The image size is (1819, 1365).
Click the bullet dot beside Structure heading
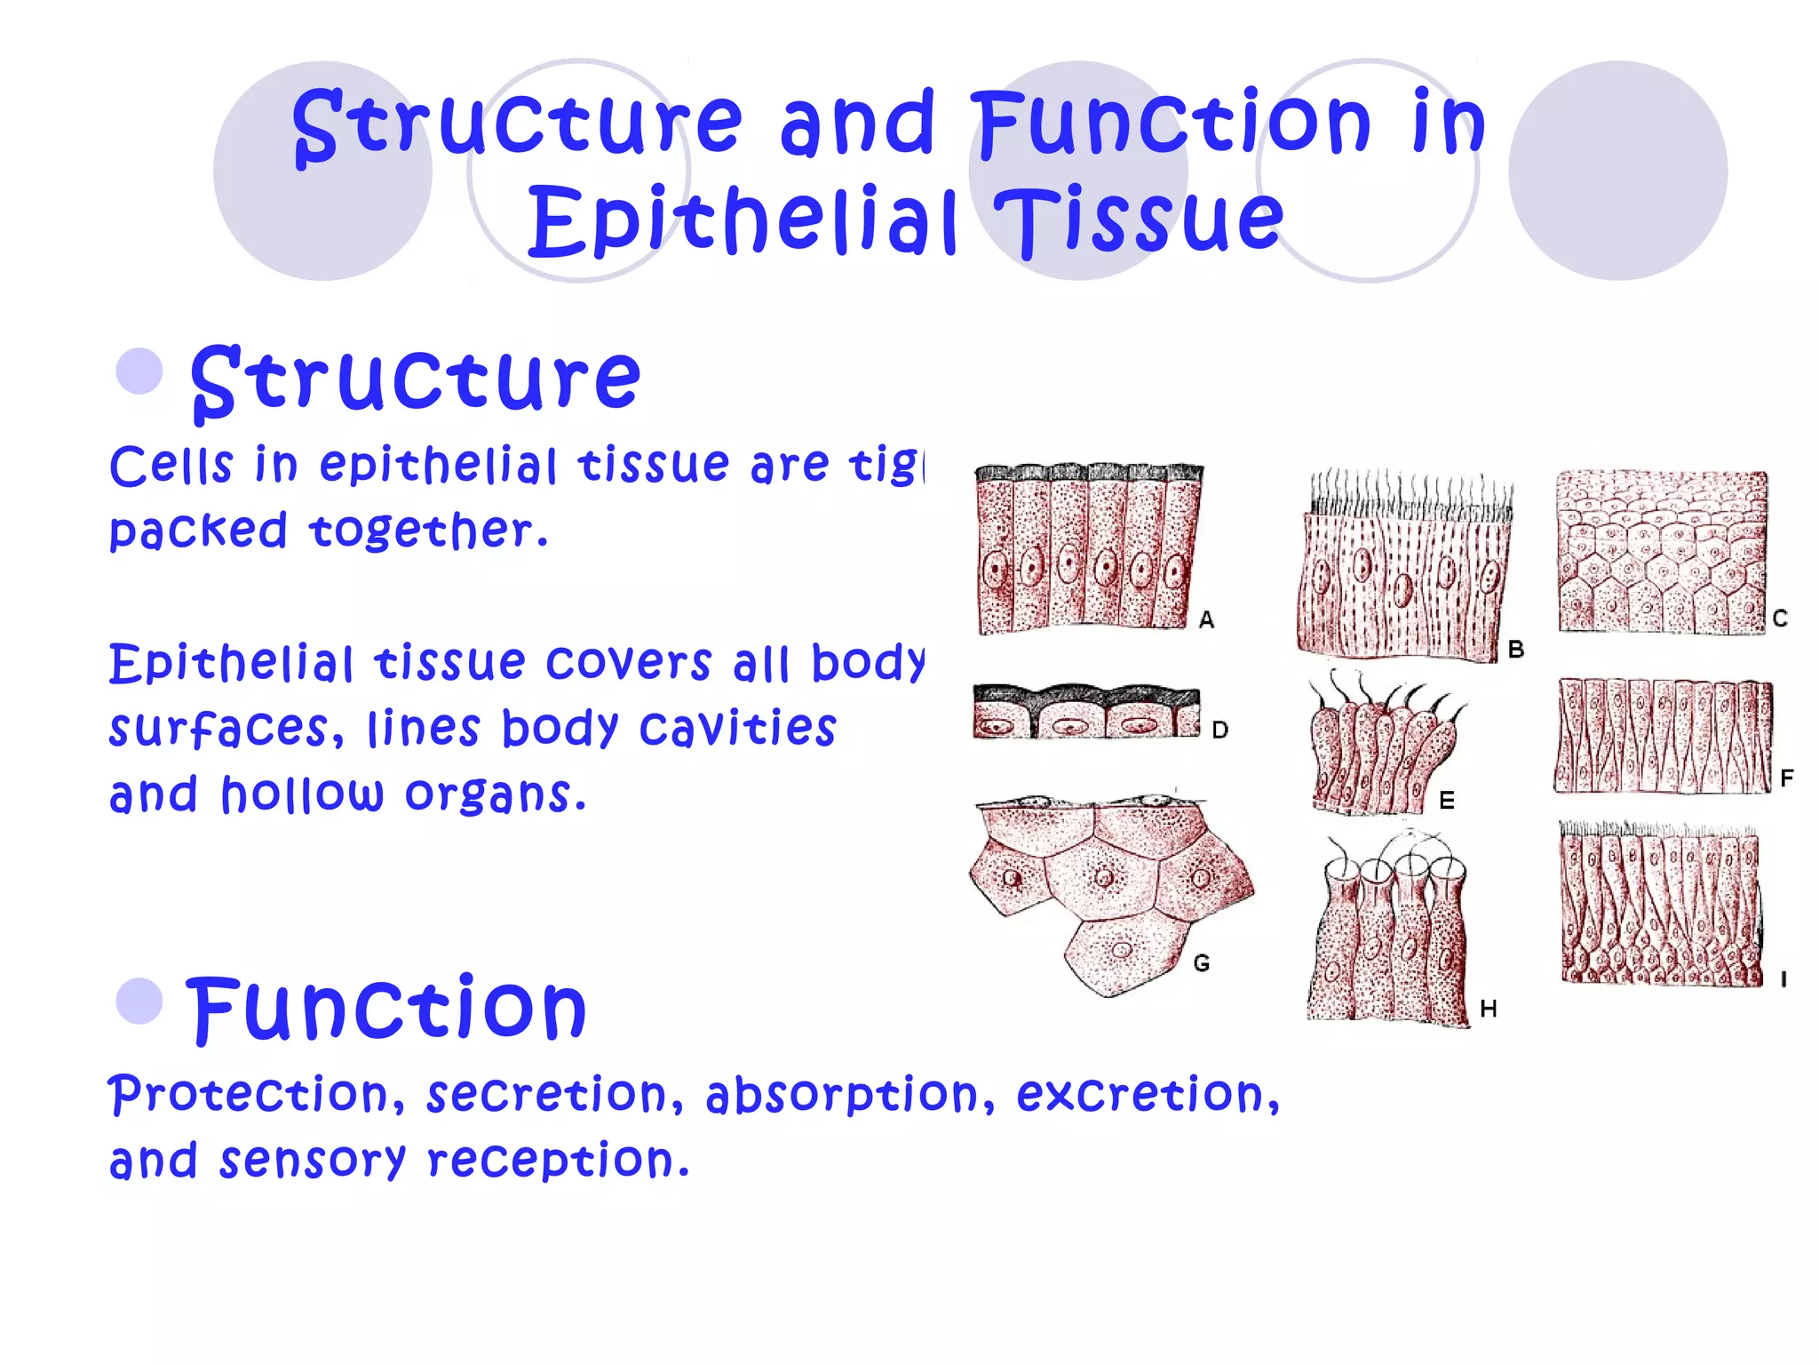[139, 371]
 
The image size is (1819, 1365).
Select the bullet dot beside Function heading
[139, 1001]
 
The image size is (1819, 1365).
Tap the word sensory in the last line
[312, 1161]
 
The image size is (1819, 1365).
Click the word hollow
[302, 794]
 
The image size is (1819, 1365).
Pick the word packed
[198, 531]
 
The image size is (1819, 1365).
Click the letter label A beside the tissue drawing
[1206, 619]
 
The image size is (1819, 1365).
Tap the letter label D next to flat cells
[1220, 730]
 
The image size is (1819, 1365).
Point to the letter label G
[1201, 962]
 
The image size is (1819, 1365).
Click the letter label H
[1489, 1009]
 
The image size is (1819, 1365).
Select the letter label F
[1787, 778]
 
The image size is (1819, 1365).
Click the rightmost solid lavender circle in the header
[1617, 171]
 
